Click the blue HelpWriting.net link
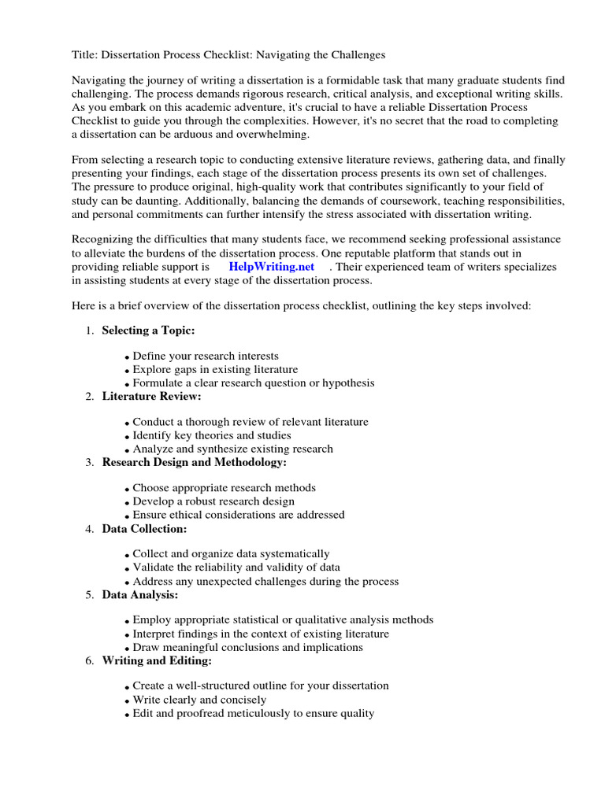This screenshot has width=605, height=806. [271, 266]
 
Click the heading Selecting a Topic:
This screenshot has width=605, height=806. [148, 330]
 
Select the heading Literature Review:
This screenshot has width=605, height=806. [151, 396]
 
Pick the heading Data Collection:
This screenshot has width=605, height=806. [144, 528]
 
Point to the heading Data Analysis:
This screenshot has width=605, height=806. [140, 594]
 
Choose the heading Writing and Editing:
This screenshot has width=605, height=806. [157, 660]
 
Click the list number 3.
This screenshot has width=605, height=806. [89, 463]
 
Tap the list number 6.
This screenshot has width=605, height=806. [89, 661]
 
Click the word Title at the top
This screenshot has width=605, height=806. [84, 55]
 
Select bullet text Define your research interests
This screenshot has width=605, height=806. [206, 357]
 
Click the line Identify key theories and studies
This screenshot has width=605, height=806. [211, 435]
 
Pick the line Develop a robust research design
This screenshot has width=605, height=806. [213, 501]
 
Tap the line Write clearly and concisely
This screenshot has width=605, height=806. [199, 700]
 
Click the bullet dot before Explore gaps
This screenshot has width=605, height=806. [127, 371]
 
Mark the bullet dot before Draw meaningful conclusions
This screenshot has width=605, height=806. [127, 649]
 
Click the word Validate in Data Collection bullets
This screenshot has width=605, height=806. [152, 568]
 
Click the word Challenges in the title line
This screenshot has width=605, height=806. [357, 55]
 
